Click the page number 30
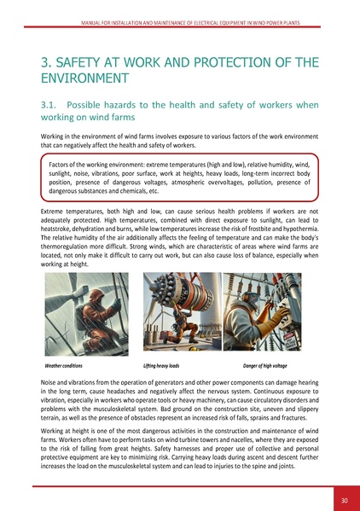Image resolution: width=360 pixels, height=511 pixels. coord(343,500)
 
